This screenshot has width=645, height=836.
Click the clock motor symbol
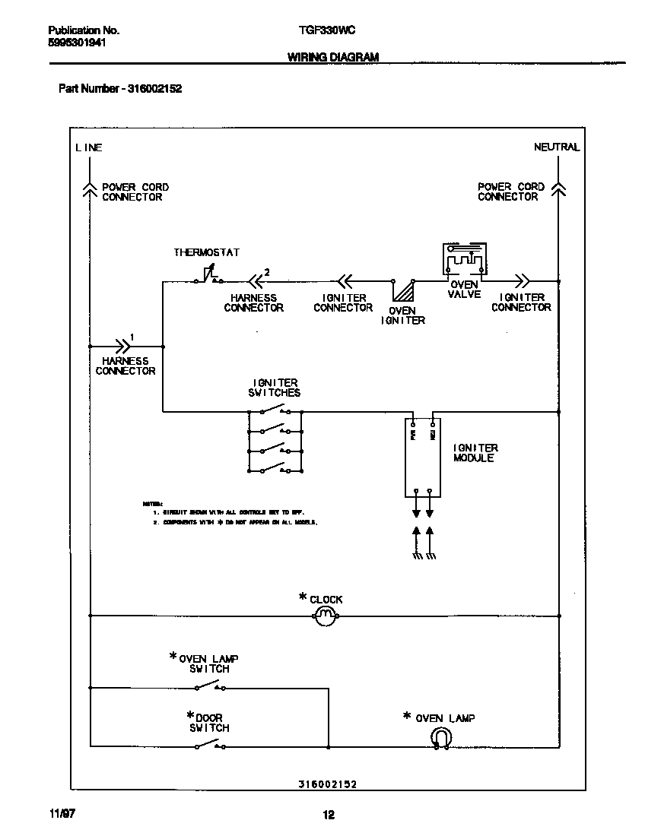pos(325,615)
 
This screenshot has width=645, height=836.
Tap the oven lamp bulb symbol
pos(441,737)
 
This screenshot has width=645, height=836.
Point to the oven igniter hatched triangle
pos(402,292)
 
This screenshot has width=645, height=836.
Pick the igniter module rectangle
pos(423,456)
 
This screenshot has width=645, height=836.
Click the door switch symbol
pos(209,746)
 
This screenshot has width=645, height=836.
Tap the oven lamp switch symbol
pos(209,687)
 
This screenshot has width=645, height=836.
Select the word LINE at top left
pos(88,147)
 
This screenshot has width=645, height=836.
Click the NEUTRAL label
pos(556,147)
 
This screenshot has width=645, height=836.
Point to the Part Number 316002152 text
pos(120,89)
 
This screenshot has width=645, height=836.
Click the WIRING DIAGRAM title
pos(333,57)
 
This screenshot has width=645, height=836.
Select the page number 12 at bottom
pos(328,815)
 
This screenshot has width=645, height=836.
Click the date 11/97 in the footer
pos(62,814)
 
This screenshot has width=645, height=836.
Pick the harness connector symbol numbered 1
pos(122,345)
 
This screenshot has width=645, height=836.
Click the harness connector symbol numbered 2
pos(253,280)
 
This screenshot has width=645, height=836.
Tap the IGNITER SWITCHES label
pos(274,388)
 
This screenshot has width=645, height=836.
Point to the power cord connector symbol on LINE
pos(89,190)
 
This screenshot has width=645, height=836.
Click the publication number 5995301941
pos(76,43)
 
